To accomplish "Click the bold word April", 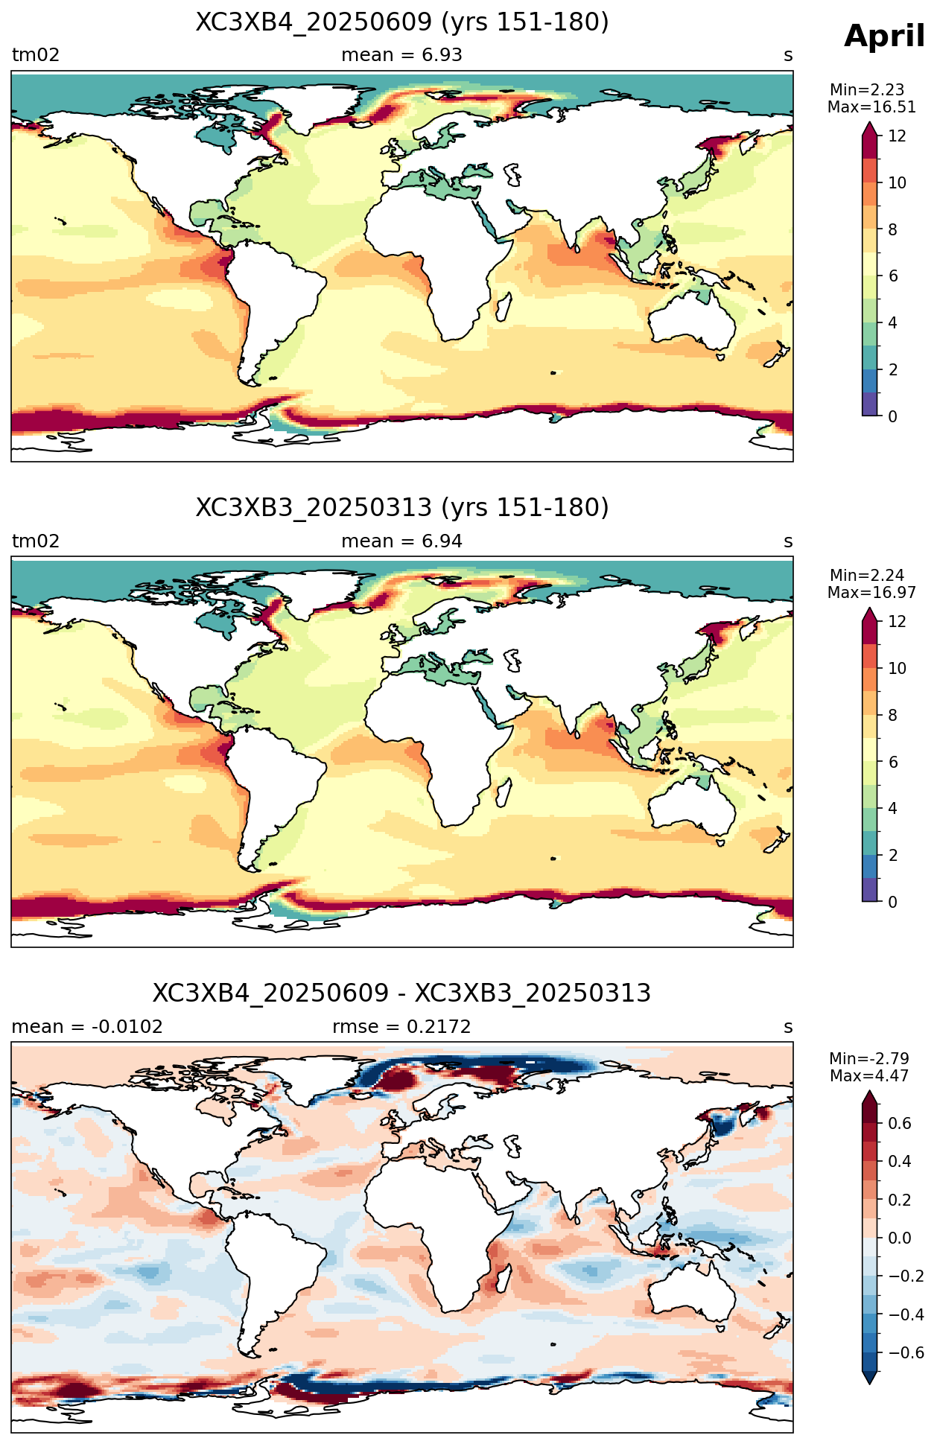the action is coord(885,36).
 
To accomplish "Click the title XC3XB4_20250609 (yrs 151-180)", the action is coord(402,22).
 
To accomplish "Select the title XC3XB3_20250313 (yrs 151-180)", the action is coord(402,508).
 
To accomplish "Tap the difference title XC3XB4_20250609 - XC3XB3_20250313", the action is coord(402,993).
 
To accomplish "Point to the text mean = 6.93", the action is coord(402,55).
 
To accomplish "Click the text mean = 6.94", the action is coord(402,541).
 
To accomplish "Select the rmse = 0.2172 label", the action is coord(402,1027).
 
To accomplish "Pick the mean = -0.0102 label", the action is coord(87,1027).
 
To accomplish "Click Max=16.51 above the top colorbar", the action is coord(871,107).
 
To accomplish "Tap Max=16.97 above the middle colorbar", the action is coord(871,593).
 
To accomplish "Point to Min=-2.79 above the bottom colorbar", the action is coord(869,1059).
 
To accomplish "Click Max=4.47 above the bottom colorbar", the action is coord(869,1076).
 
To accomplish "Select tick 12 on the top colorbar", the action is coord(898,136).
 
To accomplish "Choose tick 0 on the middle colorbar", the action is coord(893,902).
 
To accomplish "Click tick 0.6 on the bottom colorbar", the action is coord(901,1123).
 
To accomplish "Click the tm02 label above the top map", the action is coord(36,55).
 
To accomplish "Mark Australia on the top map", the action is coord(691,320).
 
